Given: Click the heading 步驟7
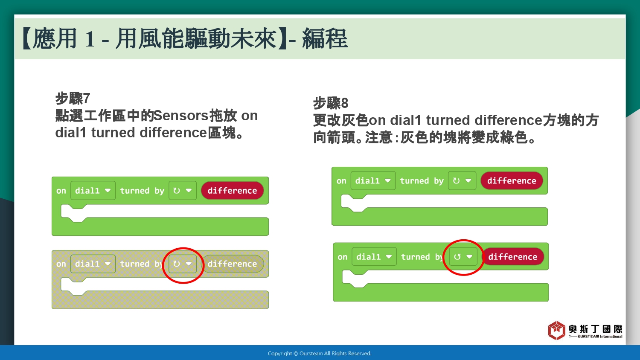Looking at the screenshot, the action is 73,98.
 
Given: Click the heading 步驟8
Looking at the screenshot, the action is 331,103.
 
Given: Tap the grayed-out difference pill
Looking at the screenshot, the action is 232,264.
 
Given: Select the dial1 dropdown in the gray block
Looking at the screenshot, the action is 93,264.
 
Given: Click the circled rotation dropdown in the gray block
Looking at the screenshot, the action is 182,264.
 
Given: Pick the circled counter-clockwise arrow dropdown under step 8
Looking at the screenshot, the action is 463,257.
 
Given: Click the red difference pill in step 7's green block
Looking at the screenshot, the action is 232,191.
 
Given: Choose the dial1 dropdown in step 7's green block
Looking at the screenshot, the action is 93,191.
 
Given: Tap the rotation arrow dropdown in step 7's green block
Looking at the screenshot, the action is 182,191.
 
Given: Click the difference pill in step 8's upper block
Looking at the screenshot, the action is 512,180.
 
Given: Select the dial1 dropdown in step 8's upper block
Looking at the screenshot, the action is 373,180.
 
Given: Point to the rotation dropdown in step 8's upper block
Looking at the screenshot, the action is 462,180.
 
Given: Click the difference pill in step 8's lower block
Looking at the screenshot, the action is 513,257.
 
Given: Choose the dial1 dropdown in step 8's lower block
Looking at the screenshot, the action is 374,257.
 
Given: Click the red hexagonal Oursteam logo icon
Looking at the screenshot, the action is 556,330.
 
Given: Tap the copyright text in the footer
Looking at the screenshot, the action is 320,354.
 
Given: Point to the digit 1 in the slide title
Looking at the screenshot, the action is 90,39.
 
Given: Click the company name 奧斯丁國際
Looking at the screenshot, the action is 596,329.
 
